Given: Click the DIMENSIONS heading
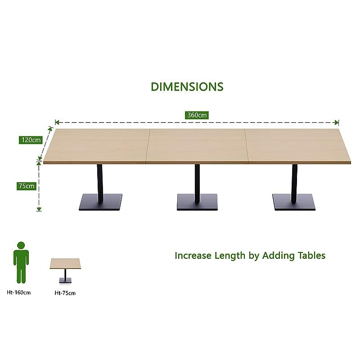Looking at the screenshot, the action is point(187,87).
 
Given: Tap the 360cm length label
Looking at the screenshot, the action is point(197,115).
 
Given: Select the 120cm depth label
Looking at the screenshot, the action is point(31,140).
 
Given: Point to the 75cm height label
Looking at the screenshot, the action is point(27,186).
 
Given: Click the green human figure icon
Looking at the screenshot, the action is point(21,263).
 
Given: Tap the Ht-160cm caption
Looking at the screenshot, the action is point(18,292).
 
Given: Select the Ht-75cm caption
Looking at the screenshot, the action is point(65,293).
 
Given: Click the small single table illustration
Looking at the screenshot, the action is point(65,270).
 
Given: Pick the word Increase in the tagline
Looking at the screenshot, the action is point(193,256).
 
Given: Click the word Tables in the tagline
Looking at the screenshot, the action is point(311,256).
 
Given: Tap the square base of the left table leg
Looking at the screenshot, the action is point(100,202).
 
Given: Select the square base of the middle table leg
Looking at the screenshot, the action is point(197,202).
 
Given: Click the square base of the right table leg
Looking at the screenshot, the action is point(294,202).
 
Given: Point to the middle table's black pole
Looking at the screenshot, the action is point(197,184).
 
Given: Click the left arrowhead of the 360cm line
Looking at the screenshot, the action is point(57,122).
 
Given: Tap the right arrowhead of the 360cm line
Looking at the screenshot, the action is point(337,122).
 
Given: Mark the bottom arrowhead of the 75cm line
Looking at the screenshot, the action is point(39,209).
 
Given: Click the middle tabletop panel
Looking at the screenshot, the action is point(197,146).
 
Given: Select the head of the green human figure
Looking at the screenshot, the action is point(21,245).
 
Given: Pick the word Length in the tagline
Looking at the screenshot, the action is point(230,256).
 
